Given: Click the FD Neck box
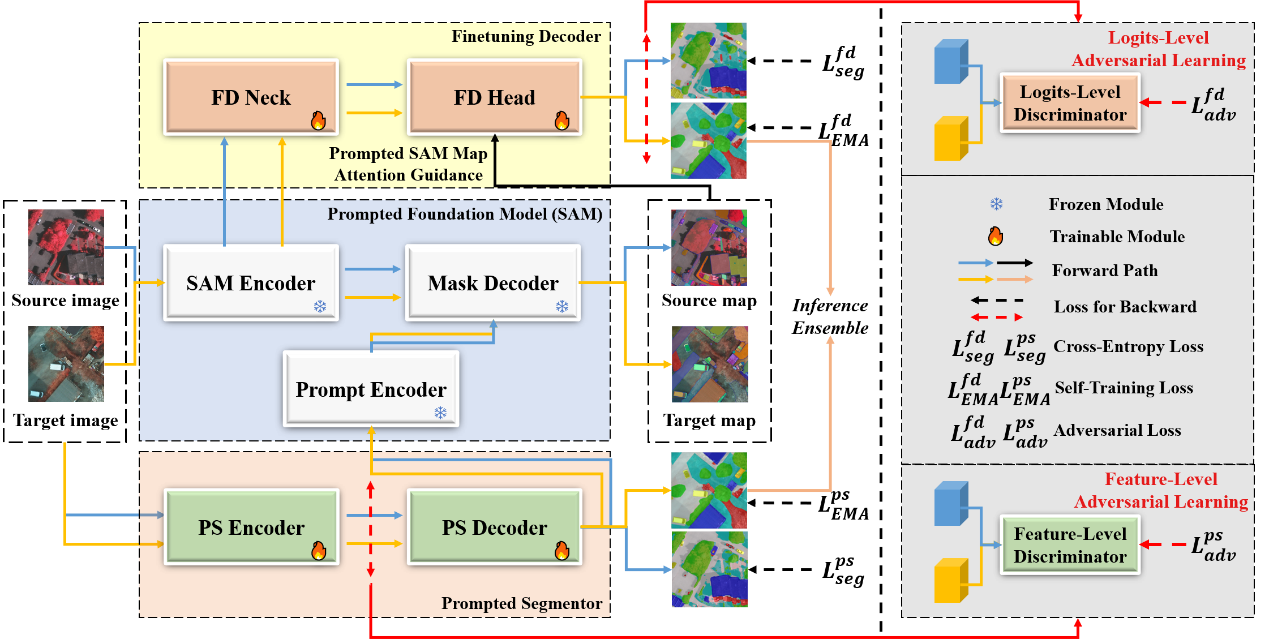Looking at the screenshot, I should (x=251, y=97).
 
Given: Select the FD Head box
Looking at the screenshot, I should (x=494, y=97).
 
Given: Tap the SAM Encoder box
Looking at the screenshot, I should (x=251, y=283).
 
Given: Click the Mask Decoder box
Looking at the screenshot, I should (x=493, y=283).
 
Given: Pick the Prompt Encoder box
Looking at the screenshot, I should (x=371, y=389).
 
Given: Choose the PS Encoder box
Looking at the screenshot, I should (x=251, y=528).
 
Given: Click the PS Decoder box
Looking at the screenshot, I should (x=494, y=528).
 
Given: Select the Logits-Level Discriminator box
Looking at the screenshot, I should (x=1070, y=103).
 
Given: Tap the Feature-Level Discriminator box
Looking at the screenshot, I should (x=1070, y=545).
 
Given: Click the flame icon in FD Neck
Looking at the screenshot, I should (x=318, y=120).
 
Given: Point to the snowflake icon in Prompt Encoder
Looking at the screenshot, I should (x=440, y=413).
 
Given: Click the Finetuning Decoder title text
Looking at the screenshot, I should (x=526, y=37).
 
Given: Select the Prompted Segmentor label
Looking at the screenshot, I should (x=521, y=603).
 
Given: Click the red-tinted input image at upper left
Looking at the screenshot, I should (x=66, y=247).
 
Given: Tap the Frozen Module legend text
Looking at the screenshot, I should (x=1106, y=204).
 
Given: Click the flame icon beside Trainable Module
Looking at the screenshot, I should (x=996, y=236).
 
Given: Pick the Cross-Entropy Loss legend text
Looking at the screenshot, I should (x=1128, y=346).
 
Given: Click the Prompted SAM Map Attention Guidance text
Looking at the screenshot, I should (x=408, y=164).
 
